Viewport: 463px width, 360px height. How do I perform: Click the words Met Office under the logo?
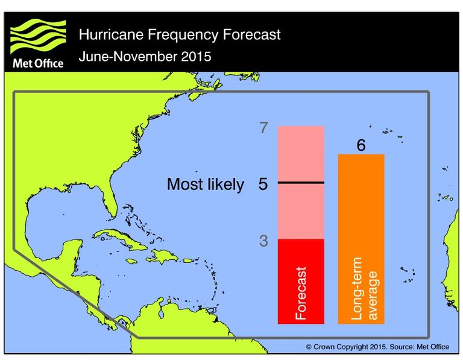(38, 63)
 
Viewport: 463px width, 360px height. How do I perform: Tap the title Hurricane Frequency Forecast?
(180, 34)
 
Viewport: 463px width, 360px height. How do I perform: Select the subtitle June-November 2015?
(145, 58)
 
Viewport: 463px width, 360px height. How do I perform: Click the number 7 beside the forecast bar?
(263, 128)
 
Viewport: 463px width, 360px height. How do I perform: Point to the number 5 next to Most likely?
(263, 184)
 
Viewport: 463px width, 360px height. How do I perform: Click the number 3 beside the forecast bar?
(263, 241)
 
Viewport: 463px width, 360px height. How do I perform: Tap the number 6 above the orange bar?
(361, 145)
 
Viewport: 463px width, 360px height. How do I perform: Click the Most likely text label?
(205, 185)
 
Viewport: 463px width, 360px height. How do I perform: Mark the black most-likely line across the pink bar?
(301, 182)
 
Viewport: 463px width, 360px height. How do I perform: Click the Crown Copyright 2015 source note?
(377, 347)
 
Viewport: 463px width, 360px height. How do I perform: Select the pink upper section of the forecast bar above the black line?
(301, 154)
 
